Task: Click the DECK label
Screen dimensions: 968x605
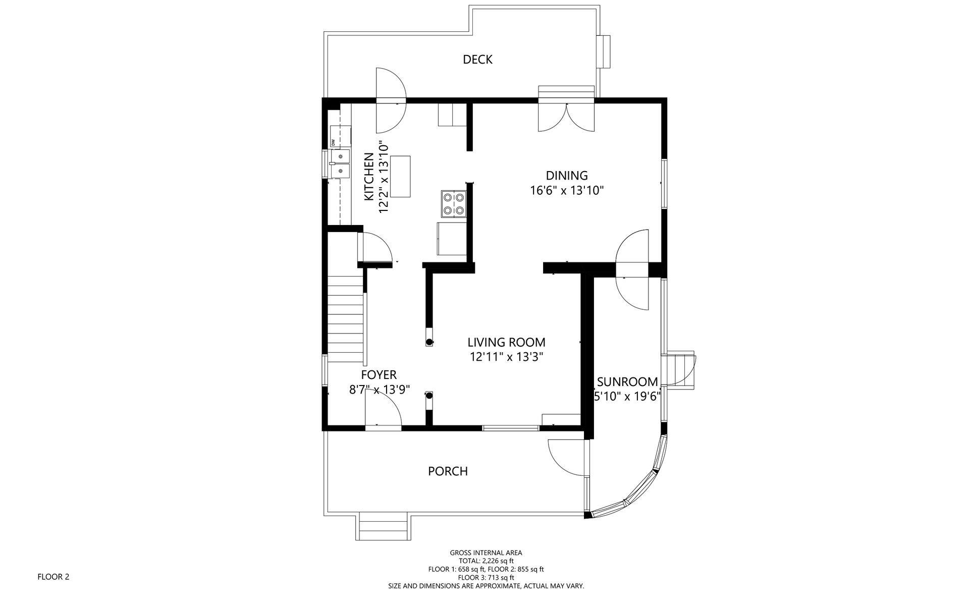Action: pyautogui.click(x=477, y=60)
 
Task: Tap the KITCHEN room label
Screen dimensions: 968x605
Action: pyautogui.click(x=369, y=177)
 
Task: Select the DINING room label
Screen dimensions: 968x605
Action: pyautogui.click(x=567, y=176)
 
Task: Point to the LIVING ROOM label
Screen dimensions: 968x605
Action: pyautogui.click(x=506, y=342)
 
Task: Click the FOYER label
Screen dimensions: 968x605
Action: pyautogui.click(x=379, y=375)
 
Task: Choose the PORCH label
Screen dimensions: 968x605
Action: pyautogui.click(x=448, y=471)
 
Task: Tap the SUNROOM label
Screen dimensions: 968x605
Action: pyautogui.click(x=627, y=382)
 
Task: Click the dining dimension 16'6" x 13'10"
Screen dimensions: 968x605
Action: pyautogui.click(x=567, y=191)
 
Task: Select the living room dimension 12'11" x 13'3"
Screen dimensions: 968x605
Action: pyautogui.click(x=506, y=357)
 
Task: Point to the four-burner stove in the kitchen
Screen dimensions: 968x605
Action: pyautogui.click(x=453, y=203)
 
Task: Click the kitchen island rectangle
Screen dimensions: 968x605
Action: pyautogui.click(x=400, y=177)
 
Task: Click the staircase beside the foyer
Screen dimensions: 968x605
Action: pyautogui.click(x=346, y=319)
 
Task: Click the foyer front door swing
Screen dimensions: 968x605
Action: pyautogui.click(x=383, y=411)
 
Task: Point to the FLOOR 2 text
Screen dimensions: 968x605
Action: pyautogui.click(x=53, y=577)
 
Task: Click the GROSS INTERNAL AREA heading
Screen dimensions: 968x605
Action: pyautogui.click(x=486, y=553)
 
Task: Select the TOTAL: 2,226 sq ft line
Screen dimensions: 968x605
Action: pyautogui.click(x=486, y=561)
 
